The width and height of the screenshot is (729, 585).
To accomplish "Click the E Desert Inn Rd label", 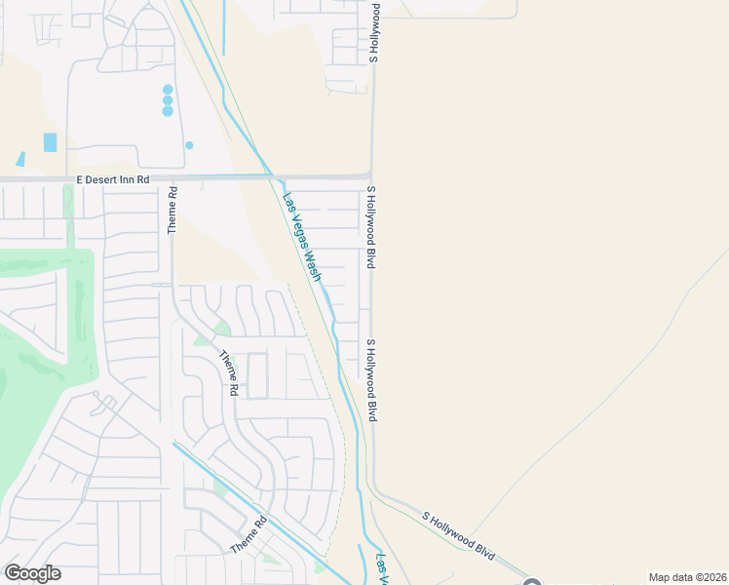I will click(x=113, y=180).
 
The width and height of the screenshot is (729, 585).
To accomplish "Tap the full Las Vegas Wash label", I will click(x=301, y=238).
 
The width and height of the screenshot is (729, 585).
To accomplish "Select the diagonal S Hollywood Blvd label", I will click(x=459, y=533).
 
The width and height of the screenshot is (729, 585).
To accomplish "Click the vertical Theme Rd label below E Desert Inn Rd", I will click(x=173, y=210).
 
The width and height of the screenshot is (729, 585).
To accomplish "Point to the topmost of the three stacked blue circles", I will click(x=168, y=89).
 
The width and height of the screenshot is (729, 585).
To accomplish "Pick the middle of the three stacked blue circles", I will click(x=168, y=99).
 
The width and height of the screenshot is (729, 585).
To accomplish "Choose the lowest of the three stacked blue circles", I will click(x=168, y=111).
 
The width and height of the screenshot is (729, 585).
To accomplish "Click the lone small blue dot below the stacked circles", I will click(x=189, y=145).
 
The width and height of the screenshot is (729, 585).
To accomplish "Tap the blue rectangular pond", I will click(x=50, y=142).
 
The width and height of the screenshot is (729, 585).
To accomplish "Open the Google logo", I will click(x=32, y=573).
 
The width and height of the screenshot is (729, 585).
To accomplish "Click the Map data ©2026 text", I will click(x=687, y=577).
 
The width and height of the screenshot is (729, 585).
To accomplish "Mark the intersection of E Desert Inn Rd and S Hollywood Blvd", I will click(x=370, y=176).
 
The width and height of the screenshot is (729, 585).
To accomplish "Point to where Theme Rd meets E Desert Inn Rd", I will click(x=173, y=179).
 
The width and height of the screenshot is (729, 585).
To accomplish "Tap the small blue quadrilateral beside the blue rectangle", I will click(x=20, y=159).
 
